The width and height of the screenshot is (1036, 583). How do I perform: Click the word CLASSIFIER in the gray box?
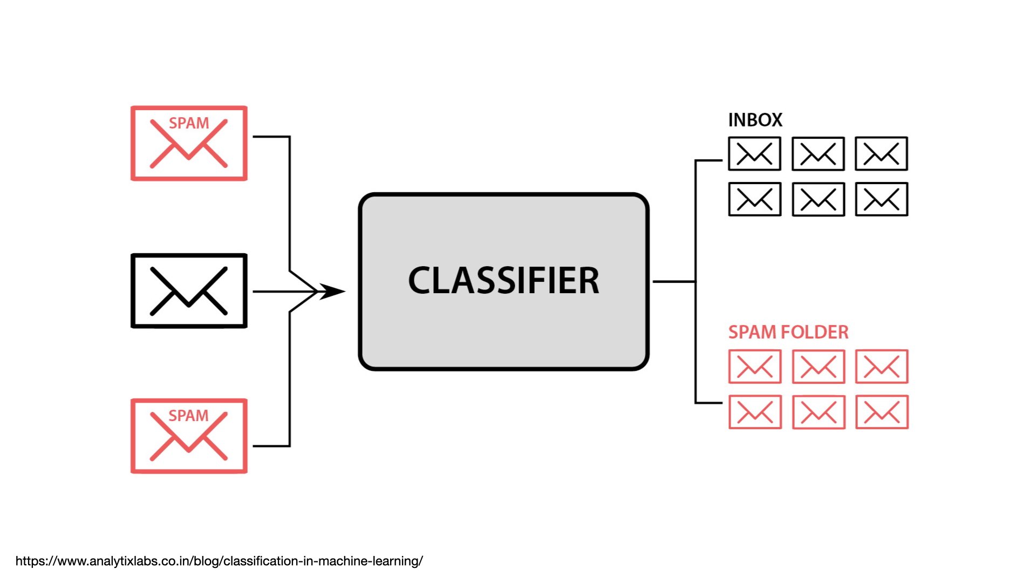(x=503, y=281)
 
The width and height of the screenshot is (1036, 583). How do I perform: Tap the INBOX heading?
(x=755, y=120)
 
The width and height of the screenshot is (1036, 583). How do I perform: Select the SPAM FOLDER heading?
(x=788, y=332)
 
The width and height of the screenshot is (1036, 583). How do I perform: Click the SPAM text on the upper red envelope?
(x=189, y=123)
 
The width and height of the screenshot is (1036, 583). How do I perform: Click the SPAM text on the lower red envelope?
(x=188, y=416)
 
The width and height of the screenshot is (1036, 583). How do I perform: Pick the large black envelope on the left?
(x=189, y=291)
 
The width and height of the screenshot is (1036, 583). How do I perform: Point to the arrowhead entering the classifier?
(x=332, y=291)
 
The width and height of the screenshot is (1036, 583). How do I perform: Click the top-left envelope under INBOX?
(x=754, y=154)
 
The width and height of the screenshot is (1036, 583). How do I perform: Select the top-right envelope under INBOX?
(x=881, y=154)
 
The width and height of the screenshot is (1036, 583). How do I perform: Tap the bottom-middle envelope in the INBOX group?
(x=818, y=200)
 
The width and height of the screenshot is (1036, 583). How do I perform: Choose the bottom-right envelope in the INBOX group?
(x=881, y=200)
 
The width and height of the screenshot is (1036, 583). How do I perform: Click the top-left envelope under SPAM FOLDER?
(x=754, y=367)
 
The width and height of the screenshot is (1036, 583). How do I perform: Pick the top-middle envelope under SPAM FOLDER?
(x=818, y=367)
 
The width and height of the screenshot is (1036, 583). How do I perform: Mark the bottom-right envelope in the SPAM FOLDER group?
(x=882, y=412)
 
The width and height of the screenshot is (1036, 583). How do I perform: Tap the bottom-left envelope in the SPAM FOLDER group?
(x=754, y=412)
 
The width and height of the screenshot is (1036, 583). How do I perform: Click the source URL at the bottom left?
(x=219, y=561)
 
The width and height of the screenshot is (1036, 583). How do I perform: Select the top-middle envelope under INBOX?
(x=818, y=154)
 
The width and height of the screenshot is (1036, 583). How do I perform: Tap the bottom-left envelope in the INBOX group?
(x=754, y=200)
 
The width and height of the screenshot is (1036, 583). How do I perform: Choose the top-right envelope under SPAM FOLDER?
(x=882, y=367)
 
